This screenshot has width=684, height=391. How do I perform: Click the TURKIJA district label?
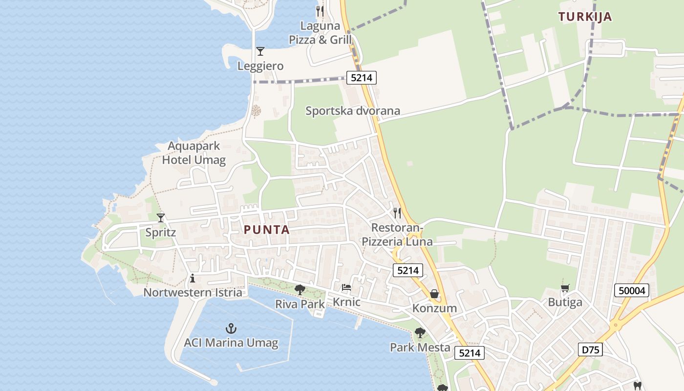pyautogui.click(x=585, y=17)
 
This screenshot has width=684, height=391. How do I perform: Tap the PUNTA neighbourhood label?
pyautogui.click(x=267, y=230)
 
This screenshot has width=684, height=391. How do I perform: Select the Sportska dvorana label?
pyautogui.click(x=353, y=111)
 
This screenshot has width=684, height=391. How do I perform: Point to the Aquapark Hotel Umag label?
pyautogui.click(x=194, y=153)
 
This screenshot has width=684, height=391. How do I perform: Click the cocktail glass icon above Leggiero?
pyautogui.click(x=260, y=51)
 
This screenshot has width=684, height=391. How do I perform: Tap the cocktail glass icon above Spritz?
pyautogui.click(x=161, y=218)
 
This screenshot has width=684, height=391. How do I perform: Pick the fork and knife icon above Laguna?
pyautogui.click(x=320, y=11)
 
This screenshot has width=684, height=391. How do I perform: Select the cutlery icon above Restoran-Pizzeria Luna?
pyautogui.click(x=397, y=213)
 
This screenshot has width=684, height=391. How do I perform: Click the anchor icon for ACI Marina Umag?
pyautogui.click(x=231, y=328)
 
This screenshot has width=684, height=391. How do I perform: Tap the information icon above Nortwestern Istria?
pyautogui.click(x=192, y=279)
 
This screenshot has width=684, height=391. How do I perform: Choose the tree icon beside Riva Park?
pyautogui.click(x=300, y=290)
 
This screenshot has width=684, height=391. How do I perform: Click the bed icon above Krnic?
pyautogui.click(x=346, y=287)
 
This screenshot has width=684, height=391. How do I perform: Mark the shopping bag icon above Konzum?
pyautogui.click(x=434, y=294)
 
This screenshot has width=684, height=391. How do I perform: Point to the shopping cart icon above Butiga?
pyautogui.click(x=565, y=288)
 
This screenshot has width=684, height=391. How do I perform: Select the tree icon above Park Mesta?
pyautogui.click(x=420, y=333)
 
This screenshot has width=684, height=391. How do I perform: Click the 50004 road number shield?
pyautogui.click(x=632, y=291)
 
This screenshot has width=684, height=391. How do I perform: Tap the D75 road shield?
pyautogui.click(x=590, y=349)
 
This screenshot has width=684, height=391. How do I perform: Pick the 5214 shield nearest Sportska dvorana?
pyautogui.click(x=362, y=77)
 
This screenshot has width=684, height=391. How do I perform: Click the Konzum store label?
pyautogui.click(x=434, y=308)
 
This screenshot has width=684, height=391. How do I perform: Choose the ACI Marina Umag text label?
pyautogui.click(x=231, y=343)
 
